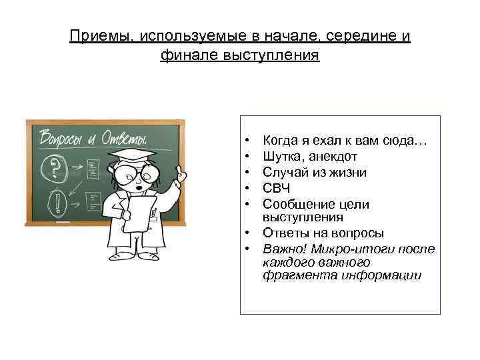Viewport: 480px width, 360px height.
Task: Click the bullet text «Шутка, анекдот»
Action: [310, 157]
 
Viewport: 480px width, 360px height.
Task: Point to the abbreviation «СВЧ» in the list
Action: [277, 189]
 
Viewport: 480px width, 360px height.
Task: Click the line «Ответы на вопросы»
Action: [323, 233]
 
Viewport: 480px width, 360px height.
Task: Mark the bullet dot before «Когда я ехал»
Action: [247, 141]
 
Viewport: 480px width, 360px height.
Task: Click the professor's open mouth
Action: [138, 189]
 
